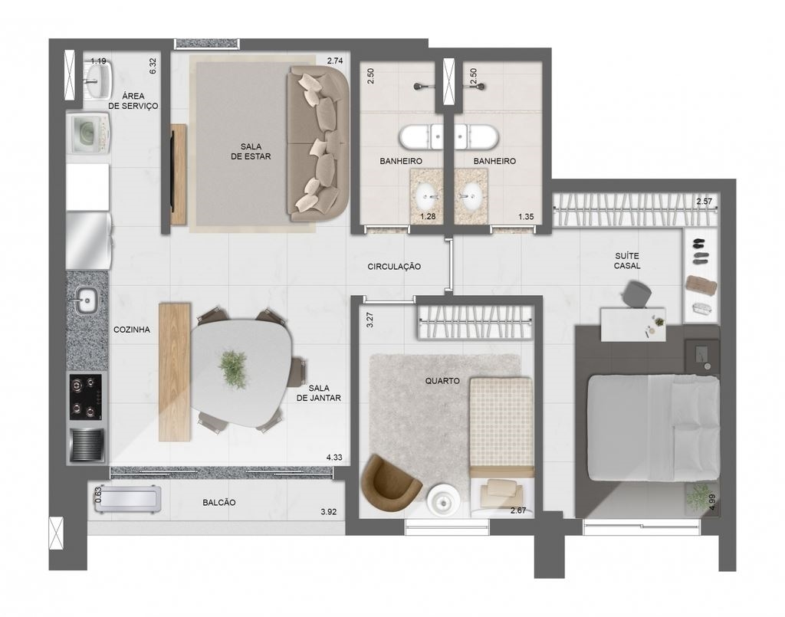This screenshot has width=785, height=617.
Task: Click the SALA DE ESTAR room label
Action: point(251,151)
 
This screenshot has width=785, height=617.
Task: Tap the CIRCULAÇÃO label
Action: point(394,267)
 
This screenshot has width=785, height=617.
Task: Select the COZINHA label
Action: point(132,330)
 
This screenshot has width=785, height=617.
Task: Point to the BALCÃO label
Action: point(218,502)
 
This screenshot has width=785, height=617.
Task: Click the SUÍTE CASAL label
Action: point(627,261)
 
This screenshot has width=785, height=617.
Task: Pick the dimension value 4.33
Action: point(334,458)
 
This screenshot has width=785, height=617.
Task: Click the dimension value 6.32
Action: point(153,66)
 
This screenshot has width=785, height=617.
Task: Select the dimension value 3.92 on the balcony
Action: point(328,511)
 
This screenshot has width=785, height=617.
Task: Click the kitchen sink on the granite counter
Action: point(87,300)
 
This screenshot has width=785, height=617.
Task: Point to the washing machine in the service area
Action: point(89,133)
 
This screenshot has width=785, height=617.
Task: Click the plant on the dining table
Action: point(233,369)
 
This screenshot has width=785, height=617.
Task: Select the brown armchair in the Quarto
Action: point(391,479)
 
